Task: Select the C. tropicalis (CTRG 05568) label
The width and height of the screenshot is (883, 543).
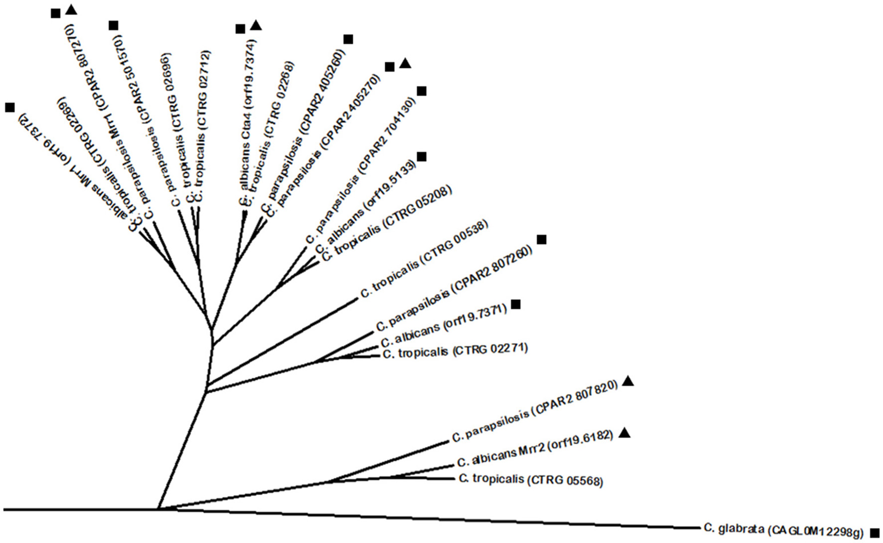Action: click(531, 480)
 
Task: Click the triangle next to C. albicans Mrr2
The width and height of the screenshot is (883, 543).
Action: click(626, 433)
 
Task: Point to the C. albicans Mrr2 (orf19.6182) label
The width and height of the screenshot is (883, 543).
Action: click(535, 449)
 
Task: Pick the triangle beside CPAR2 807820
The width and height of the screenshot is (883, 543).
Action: click(628, 381)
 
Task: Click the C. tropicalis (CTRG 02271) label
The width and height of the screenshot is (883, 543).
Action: click(455, 352)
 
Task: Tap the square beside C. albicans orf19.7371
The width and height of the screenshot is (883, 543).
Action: click(516, 304)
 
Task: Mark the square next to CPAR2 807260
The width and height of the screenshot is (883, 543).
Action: click(542, 240)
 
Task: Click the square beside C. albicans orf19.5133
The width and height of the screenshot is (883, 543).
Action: click(422, 157)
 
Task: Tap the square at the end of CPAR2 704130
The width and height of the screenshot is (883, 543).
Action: click(422, 91)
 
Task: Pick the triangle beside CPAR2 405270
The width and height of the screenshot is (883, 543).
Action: click(405, 63)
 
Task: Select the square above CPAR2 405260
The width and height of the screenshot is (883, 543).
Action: click(348, 39)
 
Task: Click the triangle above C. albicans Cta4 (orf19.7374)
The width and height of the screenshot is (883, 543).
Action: click(256, 25)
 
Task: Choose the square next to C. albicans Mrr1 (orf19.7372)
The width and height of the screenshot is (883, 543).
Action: click(9, 107)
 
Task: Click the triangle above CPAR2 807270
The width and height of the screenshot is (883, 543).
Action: click(71, 9)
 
